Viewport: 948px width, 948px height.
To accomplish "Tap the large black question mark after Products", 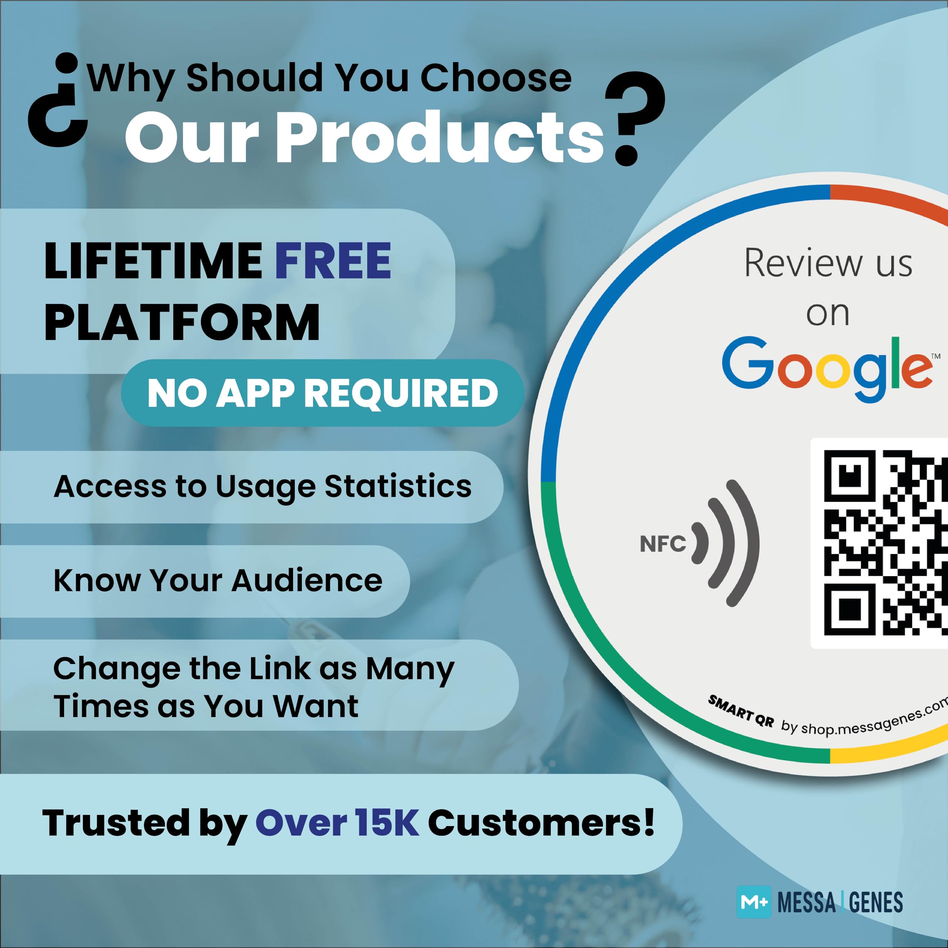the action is pyautogui.click(x=635, y=118).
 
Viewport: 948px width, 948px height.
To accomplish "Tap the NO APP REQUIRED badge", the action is pyautogui.click(x=323, y=393).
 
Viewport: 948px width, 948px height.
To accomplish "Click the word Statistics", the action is pyautogui.click(x=398, y=486).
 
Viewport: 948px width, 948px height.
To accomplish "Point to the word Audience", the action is pyautogui.click(x=307, y=581).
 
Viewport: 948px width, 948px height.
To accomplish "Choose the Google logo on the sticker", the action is pyautogui.click(x=827, y=368).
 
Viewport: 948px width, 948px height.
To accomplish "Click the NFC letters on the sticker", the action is pyautogui.click(x=663, y=544).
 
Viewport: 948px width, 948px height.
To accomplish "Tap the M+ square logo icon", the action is pyautogui.click(x=754, y=902).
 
